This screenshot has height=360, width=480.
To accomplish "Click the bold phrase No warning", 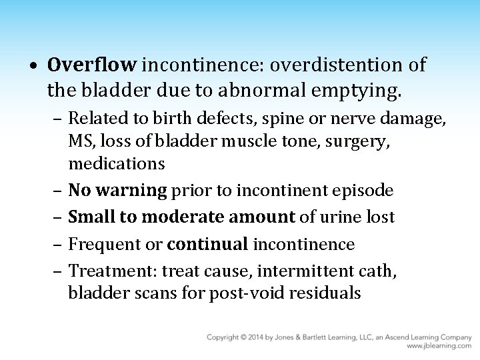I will click(x=118, y=191).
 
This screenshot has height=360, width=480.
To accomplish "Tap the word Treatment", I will click(x=104, y=270).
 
